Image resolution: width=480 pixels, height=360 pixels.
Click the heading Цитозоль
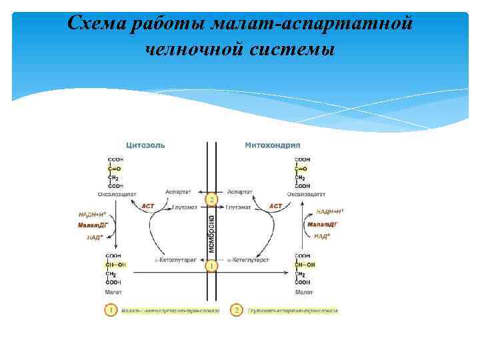pyautogui.click(x=145, y=145)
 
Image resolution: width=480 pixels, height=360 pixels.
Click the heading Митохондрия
pyautogui.click(x=273, y=145)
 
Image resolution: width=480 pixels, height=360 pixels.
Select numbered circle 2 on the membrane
pyautogui.click(x=211, y=199)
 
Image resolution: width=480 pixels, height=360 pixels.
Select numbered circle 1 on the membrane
pyautogui.click(x=211, y=266)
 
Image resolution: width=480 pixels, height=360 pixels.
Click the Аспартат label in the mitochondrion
pyautogui.click(x=240, y=192)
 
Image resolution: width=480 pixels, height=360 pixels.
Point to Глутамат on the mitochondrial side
pyautogui.click(x=241, y=207)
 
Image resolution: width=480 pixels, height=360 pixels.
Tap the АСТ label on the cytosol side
pyautogui.click(x=148, y=207)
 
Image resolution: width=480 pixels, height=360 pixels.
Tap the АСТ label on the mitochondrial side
pyautogui.click(x=275, y=207)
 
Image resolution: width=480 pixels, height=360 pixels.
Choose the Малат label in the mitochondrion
pyautogui.click(x=304, y=292)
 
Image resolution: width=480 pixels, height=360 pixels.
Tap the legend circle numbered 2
pyautogui.click(x=236, y=310)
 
